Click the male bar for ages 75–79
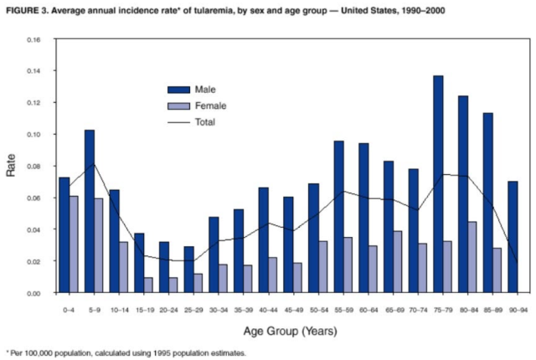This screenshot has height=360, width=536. (x=438, y=184)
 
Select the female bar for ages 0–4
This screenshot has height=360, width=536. (x=74, y=244)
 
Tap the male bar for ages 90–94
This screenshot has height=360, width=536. (x=513, y=237)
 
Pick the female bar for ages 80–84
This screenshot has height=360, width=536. (x=472, y=257)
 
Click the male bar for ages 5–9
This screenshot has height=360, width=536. (x=90, y=212)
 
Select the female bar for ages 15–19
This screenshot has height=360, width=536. (x=148, y=285)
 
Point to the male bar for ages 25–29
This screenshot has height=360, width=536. (x=189, y=270)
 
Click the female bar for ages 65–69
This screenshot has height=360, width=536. (x=398, y=262)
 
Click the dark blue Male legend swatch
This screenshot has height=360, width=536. (x=178, y=90)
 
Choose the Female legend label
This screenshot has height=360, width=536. (x=210, y=105)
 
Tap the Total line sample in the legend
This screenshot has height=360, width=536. (x=178, y=122)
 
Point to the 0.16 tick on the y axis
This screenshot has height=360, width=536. (x=33, y=40)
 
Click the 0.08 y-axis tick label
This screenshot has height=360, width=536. (x=33, y=167)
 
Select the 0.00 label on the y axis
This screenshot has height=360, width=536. (x=33, y=293)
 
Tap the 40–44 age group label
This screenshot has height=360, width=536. (x=268, y=311)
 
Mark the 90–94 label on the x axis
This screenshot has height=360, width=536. (x=518, y=311)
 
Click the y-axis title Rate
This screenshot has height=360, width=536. (x=11, y=165)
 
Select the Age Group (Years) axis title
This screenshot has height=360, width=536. (x=291, y=332)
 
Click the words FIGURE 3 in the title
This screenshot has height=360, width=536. (x=28, y=11)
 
